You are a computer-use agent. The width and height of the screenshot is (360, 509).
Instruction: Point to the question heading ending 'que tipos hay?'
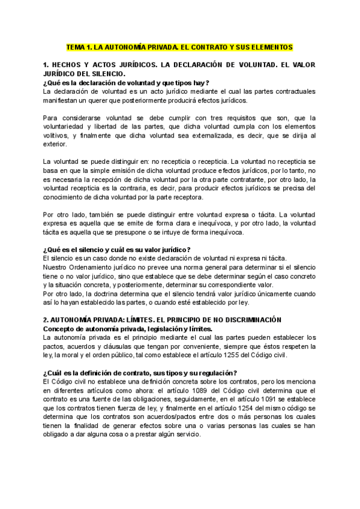[x=126, y=82]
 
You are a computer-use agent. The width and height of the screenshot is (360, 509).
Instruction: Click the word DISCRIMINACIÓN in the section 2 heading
[x=245, y=321]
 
